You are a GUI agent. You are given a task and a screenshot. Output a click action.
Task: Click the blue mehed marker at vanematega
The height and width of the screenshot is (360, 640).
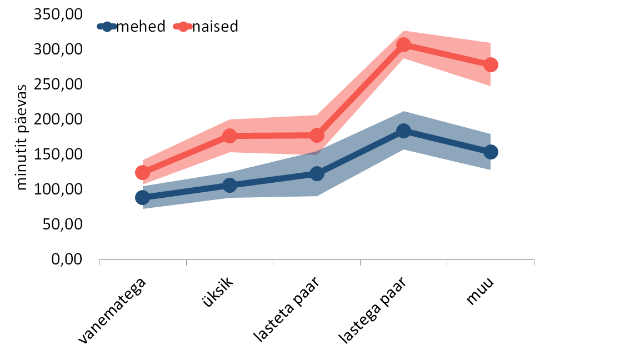click(142, 198)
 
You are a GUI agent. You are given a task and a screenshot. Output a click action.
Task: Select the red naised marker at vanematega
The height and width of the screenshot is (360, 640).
click(142, 173)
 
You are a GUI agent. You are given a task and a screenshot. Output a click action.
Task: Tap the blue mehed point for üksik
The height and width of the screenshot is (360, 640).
click(230, 186)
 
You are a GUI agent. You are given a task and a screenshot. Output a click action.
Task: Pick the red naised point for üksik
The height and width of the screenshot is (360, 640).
click(230, 136)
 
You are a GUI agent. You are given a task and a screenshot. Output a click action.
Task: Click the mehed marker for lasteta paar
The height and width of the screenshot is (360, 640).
click(317, 173)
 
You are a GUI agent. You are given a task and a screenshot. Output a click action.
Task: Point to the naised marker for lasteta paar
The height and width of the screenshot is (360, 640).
click(317, 136)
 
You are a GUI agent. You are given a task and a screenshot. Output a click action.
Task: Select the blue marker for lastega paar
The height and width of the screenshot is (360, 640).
click(404, 131)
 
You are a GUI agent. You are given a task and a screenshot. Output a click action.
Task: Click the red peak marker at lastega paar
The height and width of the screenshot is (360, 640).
click(404, 45)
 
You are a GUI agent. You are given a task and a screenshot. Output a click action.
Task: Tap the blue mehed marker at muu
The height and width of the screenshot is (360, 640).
click(491, 152)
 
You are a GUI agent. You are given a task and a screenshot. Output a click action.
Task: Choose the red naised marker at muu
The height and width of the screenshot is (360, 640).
click(491, 65)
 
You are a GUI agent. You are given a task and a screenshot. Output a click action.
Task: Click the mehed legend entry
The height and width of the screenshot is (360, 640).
click(131, 27)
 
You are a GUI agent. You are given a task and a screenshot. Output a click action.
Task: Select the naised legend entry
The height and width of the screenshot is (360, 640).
click(206, 27)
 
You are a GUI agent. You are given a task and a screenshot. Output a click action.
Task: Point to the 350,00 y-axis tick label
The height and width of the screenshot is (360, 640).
click(58, 14)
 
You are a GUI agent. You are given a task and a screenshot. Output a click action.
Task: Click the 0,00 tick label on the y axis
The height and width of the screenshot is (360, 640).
click(67, 259)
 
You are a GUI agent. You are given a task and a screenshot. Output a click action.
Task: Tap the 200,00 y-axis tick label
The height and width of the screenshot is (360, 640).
click(58, 119)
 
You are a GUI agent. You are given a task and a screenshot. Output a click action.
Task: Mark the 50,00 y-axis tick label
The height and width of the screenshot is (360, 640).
click(62, 224)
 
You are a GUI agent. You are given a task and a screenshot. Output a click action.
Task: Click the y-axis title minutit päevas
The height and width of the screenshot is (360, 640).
click(21, 138)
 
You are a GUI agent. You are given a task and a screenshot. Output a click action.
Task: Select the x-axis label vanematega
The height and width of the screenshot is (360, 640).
click(112, 311)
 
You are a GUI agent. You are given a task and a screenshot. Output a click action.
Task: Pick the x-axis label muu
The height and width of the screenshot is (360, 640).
click(480, 290)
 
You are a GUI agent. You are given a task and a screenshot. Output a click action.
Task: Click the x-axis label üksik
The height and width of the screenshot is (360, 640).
click(218, 292)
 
